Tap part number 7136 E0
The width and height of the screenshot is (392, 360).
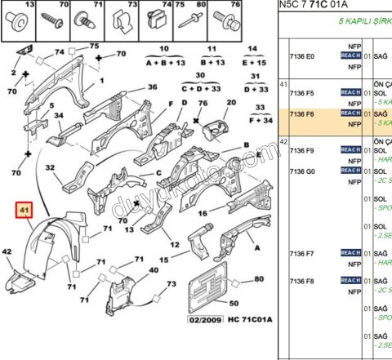click(302, 56)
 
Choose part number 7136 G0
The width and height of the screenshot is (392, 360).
click(302, 171)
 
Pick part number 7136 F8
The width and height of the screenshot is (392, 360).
click(302, 281)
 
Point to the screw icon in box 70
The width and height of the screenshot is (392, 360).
click(57, 21)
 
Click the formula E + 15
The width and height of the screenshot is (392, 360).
click(257, 62)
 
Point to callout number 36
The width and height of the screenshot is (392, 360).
click(152, 87)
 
